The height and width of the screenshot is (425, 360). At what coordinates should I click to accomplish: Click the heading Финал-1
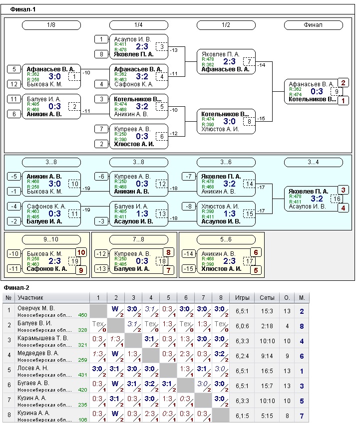coord(23,9)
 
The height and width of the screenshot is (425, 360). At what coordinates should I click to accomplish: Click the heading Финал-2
coord(16,287)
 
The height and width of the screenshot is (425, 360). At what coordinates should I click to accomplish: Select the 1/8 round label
coord(51,24)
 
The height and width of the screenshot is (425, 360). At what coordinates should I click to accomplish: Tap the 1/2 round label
coord(226,24)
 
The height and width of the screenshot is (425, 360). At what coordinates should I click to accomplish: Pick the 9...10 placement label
coord(51,239)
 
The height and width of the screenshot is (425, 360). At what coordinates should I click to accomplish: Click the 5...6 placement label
coord(226,239)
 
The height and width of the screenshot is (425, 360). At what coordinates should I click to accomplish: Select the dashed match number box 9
coord(337,91)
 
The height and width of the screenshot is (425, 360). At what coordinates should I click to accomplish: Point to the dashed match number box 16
coord(337,199)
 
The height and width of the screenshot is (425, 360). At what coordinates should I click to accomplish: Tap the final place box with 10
coord(81,252)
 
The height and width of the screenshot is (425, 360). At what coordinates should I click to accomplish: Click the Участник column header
coord(31,298)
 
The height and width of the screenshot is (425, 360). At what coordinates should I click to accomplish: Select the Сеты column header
coord(267,298)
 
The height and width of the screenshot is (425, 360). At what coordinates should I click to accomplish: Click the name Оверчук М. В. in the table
coord(36,308)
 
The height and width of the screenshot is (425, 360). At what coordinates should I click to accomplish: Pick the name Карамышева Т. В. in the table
coord(41,338)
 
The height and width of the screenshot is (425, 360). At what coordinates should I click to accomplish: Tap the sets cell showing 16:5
coord(267,371)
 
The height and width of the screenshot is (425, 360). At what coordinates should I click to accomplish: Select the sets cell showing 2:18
coord(267,326)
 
